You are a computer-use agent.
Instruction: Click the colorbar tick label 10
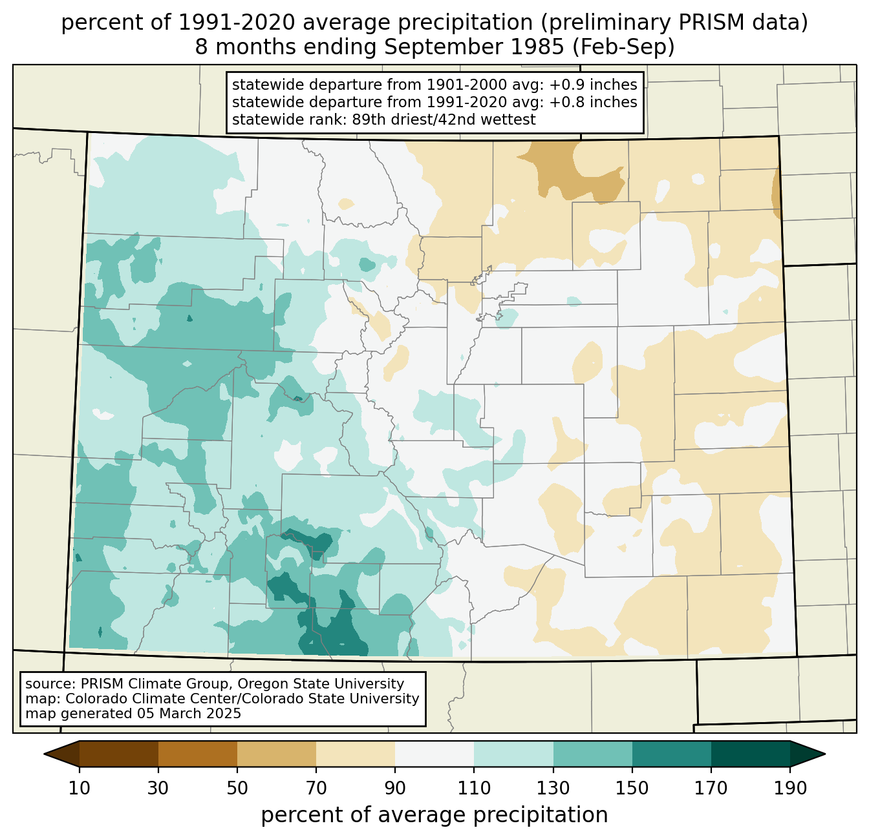coord(79,788)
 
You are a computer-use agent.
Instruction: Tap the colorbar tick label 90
coord(395,788)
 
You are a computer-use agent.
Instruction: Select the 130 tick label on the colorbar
coord(553,788)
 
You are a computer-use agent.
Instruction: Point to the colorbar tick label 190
coord(790,788)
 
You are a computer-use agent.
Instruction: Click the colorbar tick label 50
coord(237,788)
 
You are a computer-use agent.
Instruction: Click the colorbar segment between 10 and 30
coord(119,754)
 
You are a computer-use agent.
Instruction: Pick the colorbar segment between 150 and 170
coord(672,754)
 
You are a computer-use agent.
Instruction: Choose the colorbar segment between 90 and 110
coord(434,754)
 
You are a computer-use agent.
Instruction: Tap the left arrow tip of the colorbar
coord(44,754)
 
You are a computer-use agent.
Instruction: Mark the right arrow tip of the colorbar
coord(825,754)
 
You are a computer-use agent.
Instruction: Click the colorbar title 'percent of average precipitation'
coord(434,815)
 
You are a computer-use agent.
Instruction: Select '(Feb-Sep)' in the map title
coord(623,47)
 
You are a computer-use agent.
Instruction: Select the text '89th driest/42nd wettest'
coord(444,119)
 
